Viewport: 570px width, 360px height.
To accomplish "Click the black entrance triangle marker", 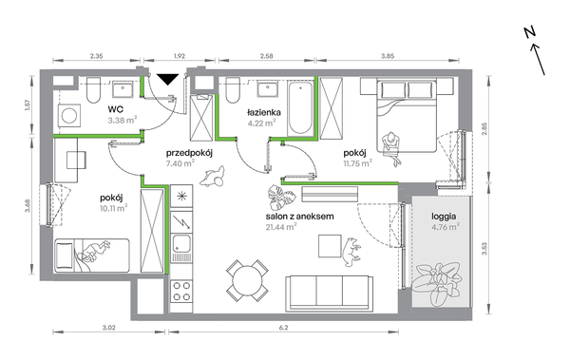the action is tap(167, 79).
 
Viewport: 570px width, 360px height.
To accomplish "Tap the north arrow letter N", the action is tap(530, 33).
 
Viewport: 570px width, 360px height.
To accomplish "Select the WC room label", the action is tap(115, 109).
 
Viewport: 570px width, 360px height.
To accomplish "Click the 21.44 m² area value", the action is tap(281, 227).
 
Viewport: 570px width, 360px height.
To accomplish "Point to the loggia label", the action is tap(444, 217).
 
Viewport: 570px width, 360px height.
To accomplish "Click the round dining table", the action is tap(247, 280).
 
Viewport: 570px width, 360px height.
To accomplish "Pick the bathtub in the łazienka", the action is tap(300, 108).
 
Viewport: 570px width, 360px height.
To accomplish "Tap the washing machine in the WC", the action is tap(69, 116).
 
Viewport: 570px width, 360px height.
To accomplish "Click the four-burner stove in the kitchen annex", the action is tap(181, 292).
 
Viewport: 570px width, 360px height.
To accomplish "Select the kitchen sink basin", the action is tap(181, 243).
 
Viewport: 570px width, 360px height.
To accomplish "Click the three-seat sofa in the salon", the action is tap(330, 294).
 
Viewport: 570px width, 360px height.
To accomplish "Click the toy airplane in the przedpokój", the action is tap(212, 177).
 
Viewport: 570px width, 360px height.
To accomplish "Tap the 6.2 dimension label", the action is tap(283, 328).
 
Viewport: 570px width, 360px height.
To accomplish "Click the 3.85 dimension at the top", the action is tap(388, 56).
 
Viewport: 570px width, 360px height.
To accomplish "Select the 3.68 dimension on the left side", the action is tap(28, 205).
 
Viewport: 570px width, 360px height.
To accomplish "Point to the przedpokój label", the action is tap(189, 153).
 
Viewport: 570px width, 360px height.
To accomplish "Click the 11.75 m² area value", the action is tap(358, 163).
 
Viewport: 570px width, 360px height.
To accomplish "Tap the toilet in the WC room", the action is tap(93, 90).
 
